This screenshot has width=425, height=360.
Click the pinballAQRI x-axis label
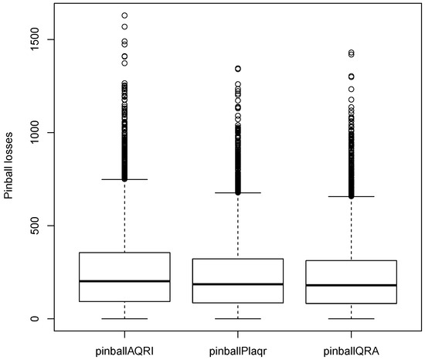[124, 351]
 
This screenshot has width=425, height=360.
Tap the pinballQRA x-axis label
[352, 351]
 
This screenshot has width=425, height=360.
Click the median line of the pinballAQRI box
[124, 281]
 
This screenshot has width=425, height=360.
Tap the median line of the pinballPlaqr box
[238, 284]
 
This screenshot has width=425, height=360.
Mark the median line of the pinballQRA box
[352, 285]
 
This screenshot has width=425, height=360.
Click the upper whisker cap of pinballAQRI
[124, 179]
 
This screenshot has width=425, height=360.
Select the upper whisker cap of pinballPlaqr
[238, 192]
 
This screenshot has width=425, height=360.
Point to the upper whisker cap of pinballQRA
[352, 196]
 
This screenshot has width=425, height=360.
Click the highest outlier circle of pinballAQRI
[124, 15]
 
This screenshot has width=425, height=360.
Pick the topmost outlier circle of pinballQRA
[352, 53]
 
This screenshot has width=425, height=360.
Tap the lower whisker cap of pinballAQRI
[124, 318]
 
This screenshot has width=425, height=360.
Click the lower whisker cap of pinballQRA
[352, 318]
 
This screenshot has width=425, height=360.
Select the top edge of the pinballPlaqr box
[238, 259]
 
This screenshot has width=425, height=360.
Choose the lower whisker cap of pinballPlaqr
[238, 318]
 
